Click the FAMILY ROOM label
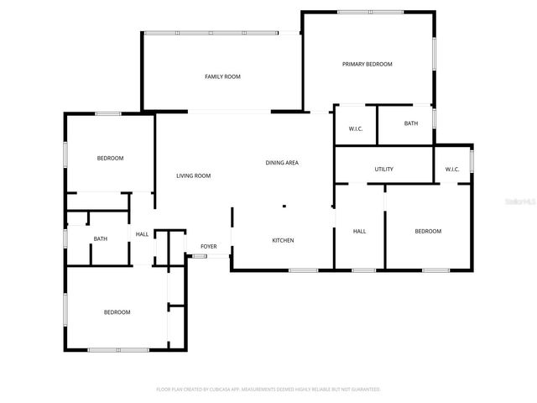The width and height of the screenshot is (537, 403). point(222,76)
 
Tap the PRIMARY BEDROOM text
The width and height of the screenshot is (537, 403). point(367,64)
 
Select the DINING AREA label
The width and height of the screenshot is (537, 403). point(282,163)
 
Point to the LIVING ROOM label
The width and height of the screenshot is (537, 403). point(193,175)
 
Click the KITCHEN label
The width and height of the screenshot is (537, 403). point(283,240)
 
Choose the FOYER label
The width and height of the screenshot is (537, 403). point(208,246)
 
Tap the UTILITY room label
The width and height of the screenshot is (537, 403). point(383,170)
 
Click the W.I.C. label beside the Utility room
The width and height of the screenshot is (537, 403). point(452,170)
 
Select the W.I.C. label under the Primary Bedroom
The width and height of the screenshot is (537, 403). point(355,128)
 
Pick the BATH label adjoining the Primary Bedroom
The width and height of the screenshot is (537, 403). point(410,123)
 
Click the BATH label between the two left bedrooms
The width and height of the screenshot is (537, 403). point(100,238)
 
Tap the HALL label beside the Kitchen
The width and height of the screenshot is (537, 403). point(359,231)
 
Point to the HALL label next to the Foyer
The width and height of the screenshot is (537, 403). point(142,233)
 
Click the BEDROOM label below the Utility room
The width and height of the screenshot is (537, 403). point(427,231)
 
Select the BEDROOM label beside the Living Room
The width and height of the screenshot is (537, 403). point(110,159)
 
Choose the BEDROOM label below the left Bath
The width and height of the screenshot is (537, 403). point(117,312)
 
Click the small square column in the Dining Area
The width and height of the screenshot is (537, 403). point(284,206)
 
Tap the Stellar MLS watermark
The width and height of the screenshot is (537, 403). point(519,202)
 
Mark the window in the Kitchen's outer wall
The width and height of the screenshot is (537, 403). point(303,270)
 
